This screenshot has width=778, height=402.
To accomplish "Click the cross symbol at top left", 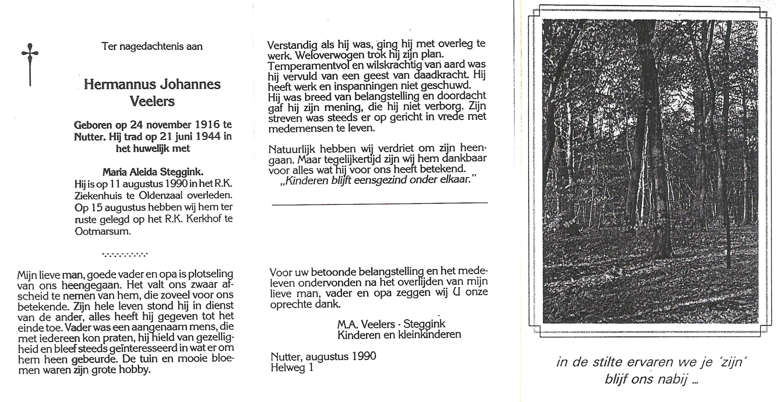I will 30,64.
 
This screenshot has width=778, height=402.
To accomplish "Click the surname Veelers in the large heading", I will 152,101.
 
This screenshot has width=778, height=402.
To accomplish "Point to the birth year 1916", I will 207,125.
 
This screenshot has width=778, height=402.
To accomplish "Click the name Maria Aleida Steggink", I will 153,172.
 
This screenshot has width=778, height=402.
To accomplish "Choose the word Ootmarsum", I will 102,231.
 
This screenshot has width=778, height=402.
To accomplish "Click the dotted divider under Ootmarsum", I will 125,255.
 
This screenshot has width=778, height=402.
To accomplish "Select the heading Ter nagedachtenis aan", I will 152,46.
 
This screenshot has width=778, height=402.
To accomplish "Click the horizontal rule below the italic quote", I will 380,203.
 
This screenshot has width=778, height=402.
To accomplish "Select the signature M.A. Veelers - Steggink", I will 391,324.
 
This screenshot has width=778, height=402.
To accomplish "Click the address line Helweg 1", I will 292,368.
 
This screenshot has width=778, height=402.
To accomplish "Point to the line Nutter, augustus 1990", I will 323,356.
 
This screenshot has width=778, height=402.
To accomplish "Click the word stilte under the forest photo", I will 605,362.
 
